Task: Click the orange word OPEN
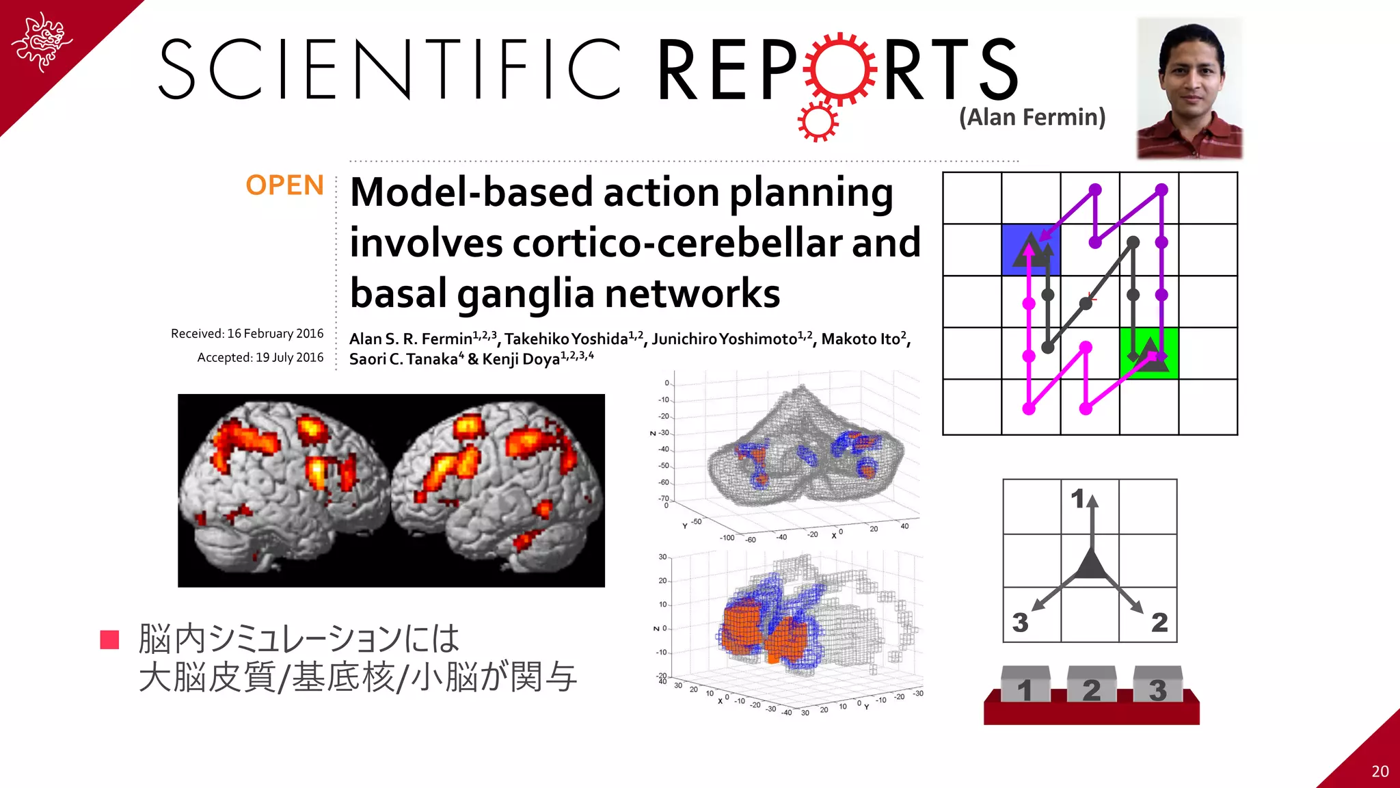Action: [284, 185]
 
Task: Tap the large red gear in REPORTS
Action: [840, 69]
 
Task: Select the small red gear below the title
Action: [817, 122]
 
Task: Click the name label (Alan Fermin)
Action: [1032, 117]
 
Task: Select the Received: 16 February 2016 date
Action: [247, 334]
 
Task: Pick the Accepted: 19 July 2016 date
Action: [260, 358]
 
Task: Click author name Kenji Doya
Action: [521, 359]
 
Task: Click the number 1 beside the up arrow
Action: [1078, 499]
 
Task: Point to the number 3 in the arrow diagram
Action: [1020, 622]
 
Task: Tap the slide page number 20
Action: [1379, 772]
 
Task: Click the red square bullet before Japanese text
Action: [110, 640]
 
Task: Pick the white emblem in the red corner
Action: [42, 41]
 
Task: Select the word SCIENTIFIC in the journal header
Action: [390, 69]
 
